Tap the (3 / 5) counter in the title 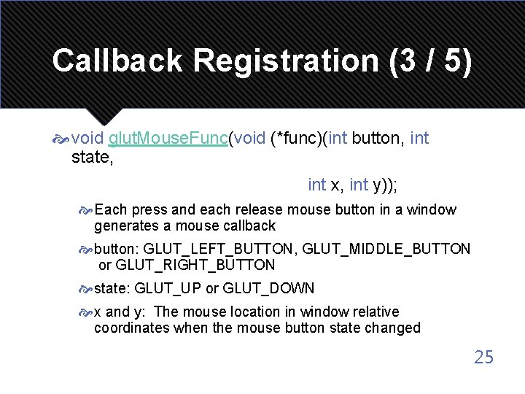(x=431, y=61)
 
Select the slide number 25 (x=483, y=357)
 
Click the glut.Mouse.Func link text (x=168, y=139)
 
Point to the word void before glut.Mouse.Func (x=88, y=139)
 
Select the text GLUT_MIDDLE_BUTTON (x=386, y=249)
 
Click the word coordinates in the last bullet (x=132, y=328)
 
